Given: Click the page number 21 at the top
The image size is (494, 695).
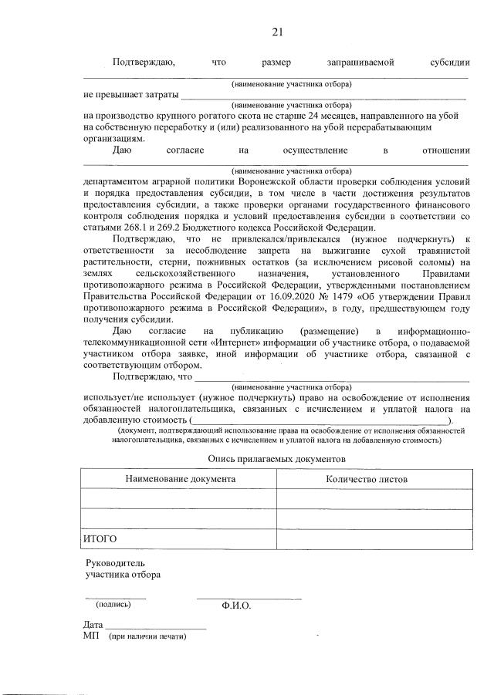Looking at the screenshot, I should tap(277, 32).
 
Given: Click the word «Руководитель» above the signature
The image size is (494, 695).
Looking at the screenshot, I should tap(115, 563).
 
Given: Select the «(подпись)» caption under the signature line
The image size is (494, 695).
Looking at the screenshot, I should tap(113, 605).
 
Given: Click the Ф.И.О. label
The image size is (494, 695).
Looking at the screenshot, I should tap(235, 606).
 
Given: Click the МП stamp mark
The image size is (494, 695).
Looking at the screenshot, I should tap(90, 636).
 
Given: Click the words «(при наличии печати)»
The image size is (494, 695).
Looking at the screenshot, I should tap(148, 637).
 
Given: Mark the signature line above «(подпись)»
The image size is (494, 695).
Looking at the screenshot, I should tap(114, 597).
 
